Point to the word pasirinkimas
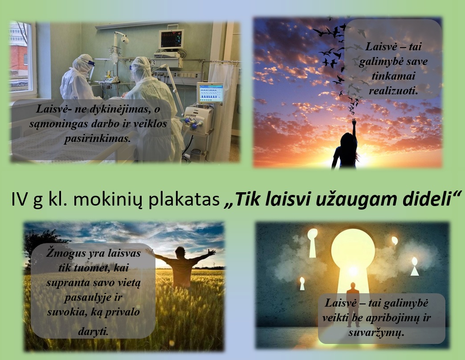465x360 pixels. (x=98, y=138)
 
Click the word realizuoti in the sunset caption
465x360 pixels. (x=393, y=91)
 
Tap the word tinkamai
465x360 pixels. (x=393, y=76)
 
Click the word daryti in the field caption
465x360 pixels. (x=93, y=332)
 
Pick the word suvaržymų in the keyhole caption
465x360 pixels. (x=376, y=332)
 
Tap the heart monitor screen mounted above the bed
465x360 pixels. (x=171, y=39)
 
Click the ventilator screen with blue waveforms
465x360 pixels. (x=211, y=92)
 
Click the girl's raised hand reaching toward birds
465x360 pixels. (x=354, y=122)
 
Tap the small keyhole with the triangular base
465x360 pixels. (x=415, y=267)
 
